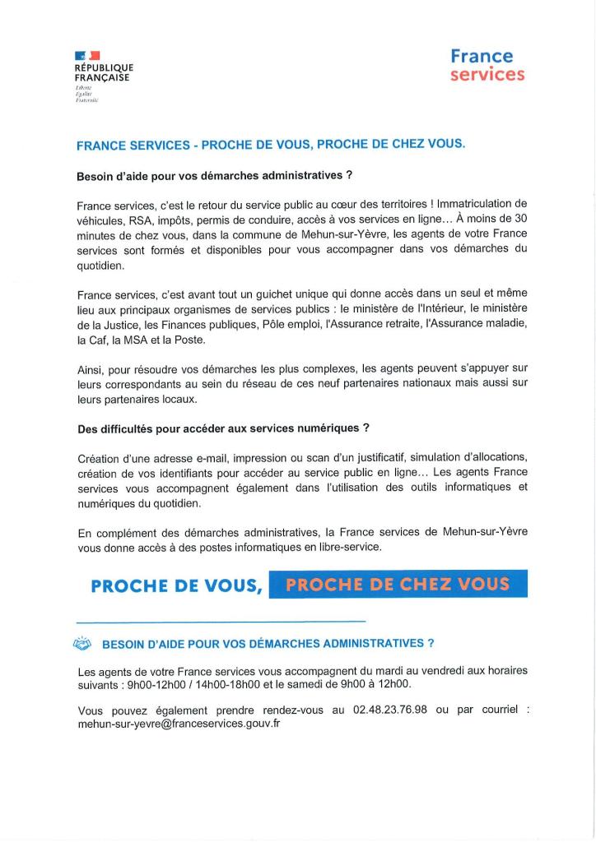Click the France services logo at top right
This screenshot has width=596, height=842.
click(x=487, y=65)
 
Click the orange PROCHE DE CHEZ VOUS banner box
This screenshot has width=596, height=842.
click(x=398, y=585)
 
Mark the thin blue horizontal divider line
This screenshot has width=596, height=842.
click(x=221, y=621)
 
